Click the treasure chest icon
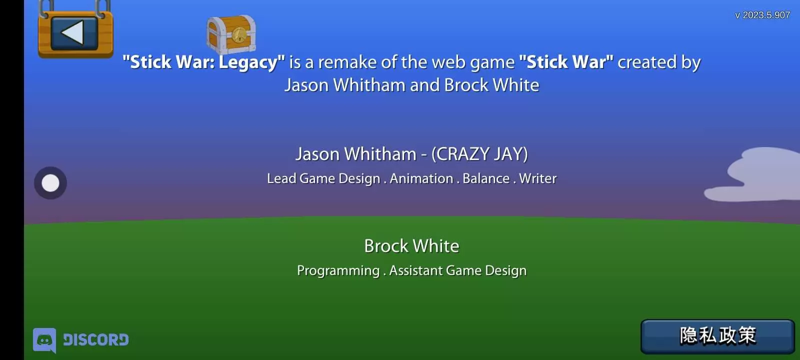pos(231,34)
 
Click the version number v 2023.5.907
pos(762,15)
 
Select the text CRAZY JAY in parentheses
pos(479,154)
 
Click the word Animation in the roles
pos(421,178)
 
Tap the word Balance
pos(486,178)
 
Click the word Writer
pos(538,178)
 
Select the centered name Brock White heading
pos(412,246)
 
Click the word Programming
pos(338,271)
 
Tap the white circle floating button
pos(50,183)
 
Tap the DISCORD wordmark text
pos(95,339)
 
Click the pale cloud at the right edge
pos(757,175)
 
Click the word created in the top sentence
pos(647,62)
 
